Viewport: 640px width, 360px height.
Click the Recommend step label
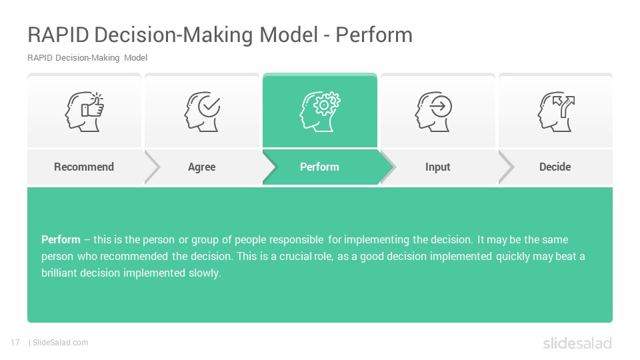tap(84, 167)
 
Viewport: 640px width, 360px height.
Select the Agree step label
tap(201, 167)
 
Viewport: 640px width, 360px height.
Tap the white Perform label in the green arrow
tap(319, 167)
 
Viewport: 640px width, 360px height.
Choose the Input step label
tap(437, 167)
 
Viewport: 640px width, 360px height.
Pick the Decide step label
tap(555, 167)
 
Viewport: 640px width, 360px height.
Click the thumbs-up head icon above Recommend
tap(84, 111)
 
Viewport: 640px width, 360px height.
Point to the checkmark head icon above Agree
tap(202, 111)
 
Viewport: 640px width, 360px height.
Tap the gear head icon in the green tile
tap(320, 111)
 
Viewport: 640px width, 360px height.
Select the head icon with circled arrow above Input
tap(433, 111)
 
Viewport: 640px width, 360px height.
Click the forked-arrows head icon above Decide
tap(556, 111)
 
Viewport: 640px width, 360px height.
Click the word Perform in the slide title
tap(374, 35)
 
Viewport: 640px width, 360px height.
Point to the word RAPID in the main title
tap(58, 35)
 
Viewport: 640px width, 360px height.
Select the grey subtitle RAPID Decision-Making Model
tap(87, 57)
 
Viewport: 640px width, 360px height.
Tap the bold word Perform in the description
tap(61, 239)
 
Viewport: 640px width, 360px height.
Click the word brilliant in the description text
tap(59, 273)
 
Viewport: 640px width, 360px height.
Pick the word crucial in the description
tap(295, 256)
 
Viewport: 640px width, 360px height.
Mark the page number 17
tap(15, 343)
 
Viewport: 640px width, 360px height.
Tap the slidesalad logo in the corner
tap(577, 343)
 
